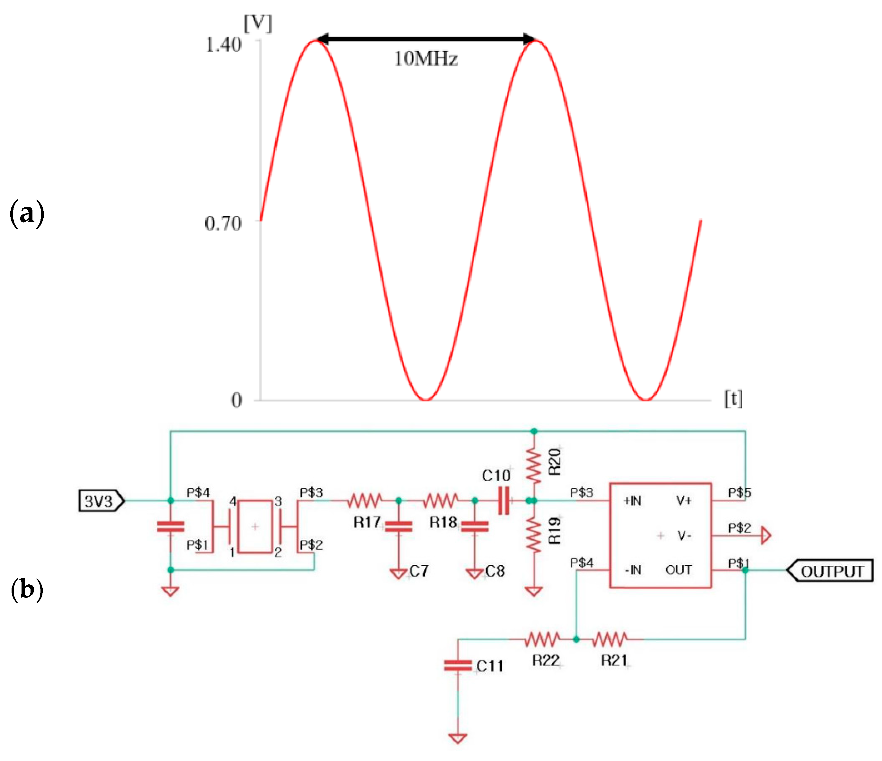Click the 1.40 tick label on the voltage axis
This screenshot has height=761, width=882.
[x=223, y=45]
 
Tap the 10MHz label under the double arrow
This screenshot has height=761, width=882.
[x=426, y=59]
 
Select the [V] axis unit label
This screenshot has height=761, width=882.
[x=258, y=23]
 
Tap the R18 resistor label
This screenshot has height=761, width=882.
[x=443, y=523]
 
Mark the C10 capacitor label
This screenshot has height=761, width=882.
[x=496, y=476]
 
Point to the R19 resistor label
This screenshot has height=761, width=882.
[x=554, y=531]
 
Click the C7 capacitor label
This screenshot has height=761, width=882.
[x=419, y=571]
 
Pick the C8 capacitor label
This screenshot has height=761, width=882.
[x=494, y=571]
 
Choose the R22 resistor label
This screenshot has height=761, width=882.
[x=545, y=660]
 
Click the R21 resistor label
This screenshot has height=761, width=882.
[x=614, y=660]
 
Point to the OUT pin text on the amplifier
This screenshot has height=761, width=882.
[x=679, y=570]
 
